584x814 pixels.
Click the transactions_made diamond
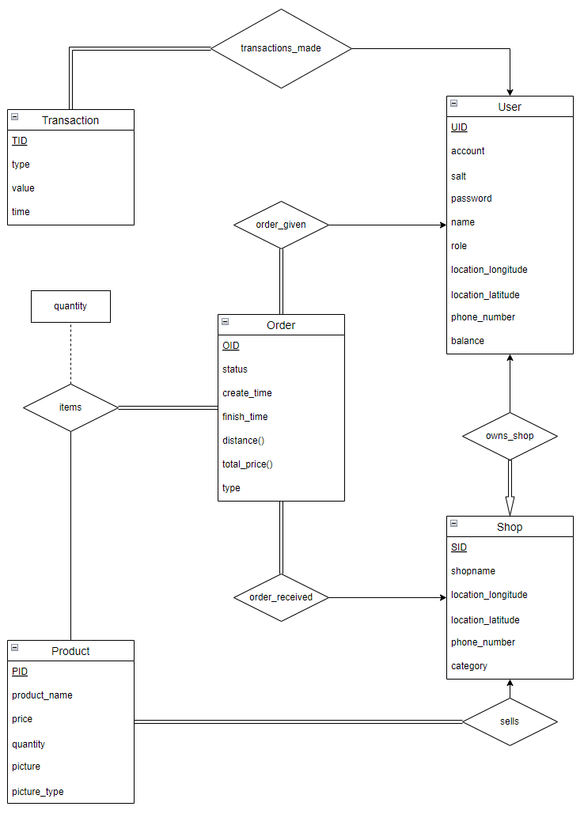(281, 48)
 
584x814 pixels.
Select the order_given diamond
(281, 225)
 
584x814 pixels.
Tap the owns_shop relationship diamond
(510, 436)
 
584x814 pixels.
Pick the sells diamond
(510, 721)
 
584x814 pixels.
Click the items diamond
(70, 407)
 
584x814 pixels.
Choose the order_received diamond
(281, 597)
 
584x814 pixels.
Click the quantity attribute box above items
(70, 306)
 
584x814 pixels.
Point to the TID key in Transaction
(20, 141)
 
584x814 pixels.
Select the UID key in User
(459, 127)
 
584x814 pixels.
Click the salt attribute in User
(459, 176)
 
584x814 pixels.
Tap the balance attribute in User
(468, 341)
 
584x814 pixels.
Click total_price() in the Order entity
(247, 464)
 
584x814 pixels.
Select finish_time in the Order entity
(245, 417)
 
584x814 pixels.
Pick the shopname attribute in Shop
(473, 571)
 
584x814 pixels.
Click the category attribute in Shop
(469, 666)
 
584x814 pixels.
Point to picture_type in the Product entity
(37, 792)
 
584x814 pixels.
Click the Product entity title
(70, 651)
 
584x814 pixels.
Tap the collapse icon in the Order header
(226, 322)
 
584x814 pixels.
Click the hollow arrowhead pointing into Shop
(510, 505)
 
